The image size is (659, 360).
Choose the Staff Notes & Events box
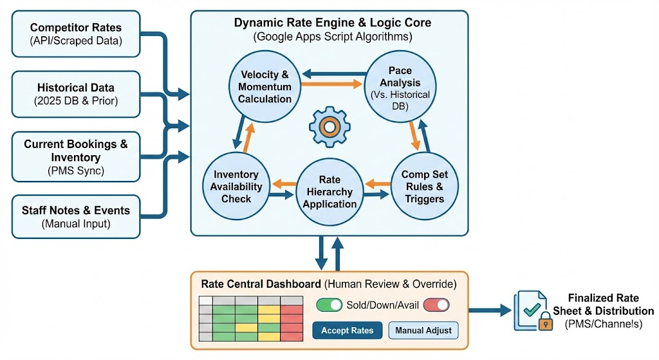tap(76, 217)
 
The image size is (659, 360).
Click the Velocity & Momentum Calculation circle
tap(265, 87)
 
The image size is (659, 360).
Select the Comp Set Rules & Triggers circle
tap(424, 186)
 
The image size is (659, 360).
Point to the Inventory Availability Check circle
tap(237, 185)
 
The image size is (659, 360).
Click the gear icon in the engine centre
tap(329, 128)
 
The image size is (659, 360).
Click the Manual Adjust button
tap(423, 330)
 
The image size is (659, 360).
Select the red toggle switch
tap(435, 305)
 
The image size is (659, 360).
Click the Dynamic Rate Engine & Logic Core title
tap(333, 23)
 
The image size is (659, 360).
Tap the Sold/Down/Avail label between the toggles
tap(383, 305)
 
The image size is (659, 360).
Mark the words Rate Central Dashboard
tap(261, 283)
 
